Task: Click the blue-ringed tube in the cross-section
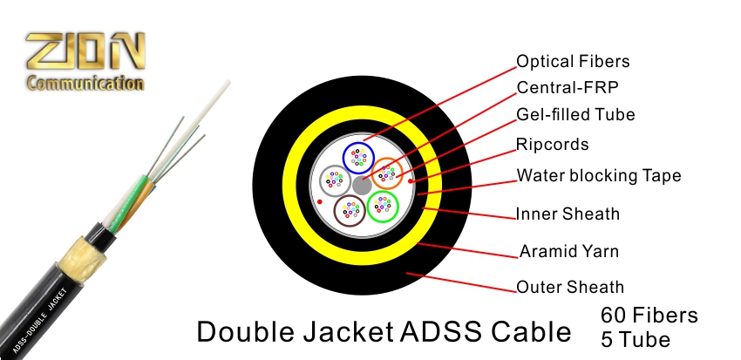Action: point(357,158)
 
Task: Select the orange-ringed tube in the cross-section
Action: point(386,173)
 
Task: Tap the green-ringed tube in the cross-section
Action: point(382,206)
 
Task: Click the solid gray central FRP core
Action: point(361,185)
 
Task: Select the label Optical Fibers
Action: point(572,62)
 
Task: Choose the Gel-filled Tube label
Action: point(575,115)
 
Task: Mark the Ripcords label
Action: point(553,145)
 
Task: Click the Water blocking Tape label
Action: point(599,175)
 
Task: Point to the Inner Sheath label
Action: point(568,214)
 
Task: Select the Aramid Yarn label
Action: point(569,252)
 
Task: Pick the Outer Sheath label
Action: point(570,287)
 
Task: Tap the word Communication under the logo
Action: point(84,84)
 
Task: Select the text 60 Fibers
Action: point(649,314)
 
